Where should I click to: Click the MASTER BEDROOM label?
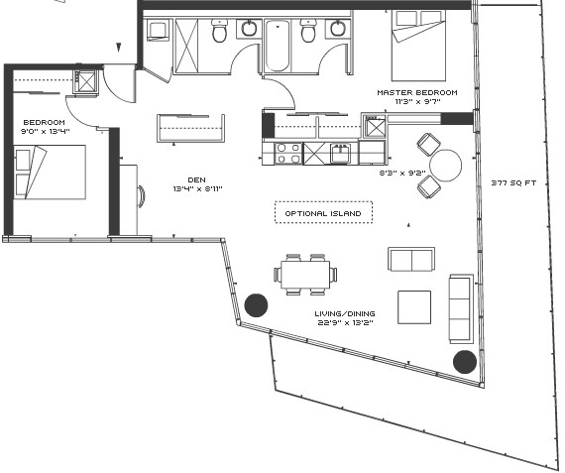click(417, 92)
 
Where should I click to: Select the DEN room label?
click(197, 179)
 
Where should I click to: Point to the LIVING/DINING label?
click(345, 313)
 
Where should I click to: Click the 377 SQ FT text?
click(513, 182)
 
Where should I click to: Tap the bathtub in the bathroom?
click(278, 46)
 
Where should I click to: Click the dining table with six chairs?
click(305, 275)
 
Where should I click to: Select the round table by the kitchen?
click(446, 166)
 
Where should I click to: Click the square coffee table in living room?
click(414, 307)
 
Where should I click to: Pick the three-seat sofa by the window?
click(461, 308)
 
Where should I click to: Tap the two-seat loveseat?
click(411, 259)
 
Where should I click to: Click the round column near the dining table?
click(256, 305)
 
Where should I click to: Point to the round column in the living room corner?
click(465, 362)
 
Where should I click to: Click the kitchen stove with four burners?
click(288, 154)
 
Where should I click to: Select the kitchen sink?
click(341, 153)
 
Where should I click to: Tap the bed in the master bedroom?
click(418, 45)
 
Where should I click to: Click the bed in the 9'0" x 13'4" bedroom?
click(50, 172)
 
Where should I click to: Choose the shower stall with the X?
click(186, 46)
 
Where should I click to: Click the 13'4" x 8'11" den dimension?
click(198, 189)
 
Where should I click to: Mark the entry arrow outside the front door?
click(119, 48)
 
